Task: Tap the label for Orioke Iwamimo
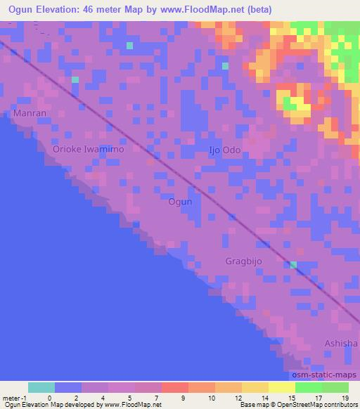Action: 89,150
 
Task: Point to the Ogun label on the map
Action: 180,202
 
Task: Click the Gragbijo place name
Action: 245,261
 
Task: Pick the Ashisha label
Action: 340,343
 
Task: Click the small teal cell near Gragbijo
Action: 294,265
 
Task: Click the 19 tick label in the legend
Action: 345,397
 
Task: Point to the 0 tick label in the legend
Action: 49,397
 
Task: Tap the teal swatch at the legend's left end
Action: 41,387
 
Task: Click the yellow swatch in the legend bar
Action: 255,387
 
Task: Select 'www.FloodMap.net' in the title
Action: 217,10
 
